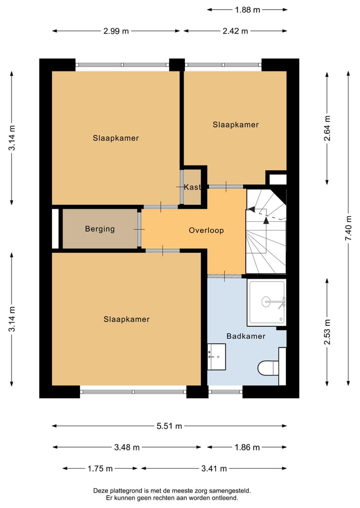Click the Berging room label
pyautogui.click(x=100, y=229)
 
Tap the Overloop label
pyautogui.click(x=206, y=230)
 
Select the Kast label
pyautogui.click(x=192, y=187)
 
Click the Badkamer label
pyautogui.click(x=246, y=336)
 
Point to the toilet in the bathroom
pyautogui.click(x=268, y=368)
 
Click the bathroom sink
pyautogui.click(x=216, y=357)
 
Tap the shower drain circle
pyautogui.click(x=265, y=301)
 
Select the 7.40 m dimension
pyautogui.click(x=348, y=228)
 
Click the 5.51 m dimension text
pyautogui.click(x=169, y=426)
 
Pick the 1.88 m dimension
pyautogui.click(x=247, y=9)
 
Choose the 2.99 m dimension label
pyautogui.click(x=116, y=31)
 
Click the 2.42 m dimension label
pyautogui.click(x=235, y=31)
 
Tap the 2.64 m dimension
pyautogui.click(x=327, y=128)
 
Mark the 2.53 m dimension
pyautogui.click(x=327, y=332)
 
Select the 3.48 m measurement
pyautogui.click(x=127, y=447)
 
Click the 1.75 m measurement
pyautogui.click(x=100, y=469)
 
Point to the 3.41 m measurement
pyautogui.click(x=214, y=469)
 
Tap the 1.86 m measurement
pyautogui.click(x=247, y=447)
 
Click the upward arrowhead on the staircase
pyautogui.click(x=266, y=220)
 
